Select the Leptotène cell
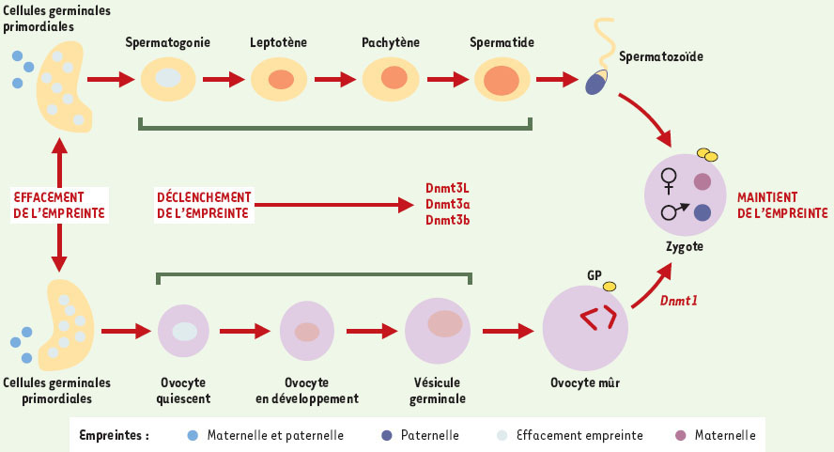click(279, 79)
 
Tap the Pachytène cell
click(393, 79)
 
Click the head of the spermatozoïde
click(596, 84)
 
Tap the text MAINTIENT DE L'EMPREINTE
click(781, 206)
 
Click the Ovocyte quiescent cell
click(184, 331)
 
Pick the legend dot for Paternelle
click(387, 435)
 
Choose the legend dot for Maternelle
click(680, 435)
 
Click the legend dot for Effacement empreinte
click(502, 435)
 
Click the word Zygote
click(683, 247)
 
